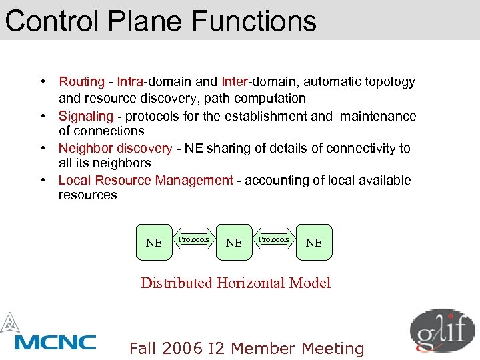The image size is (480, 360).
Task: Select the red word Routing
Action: point(81,82)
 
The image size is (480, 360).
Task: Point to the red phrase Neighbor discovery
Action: point(115,148)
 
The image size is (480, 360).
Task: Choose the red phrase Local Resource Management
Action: point(146,180)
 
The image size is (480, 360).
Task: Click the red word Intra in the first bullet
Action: point(131,82)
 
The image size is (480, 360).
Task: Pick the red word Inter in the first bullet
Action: point(234,82)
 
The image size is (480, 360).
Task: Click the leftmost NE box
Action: point(154,242)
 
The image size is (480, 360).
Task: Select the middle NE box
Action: point(234,242)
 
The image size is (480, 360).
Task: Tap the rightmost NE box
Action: point(314,242)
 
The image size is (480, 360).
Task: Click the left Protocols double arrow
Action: point(194,239)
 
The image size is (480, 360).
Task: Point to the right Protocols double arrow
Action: point(274,239)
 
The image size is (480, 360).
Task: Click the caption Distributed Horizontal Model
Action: point(235,283)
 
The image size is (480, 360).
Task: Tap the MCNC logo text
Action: point(56,343)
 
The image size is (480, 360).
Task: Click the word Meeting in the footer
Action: point(333,349)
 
